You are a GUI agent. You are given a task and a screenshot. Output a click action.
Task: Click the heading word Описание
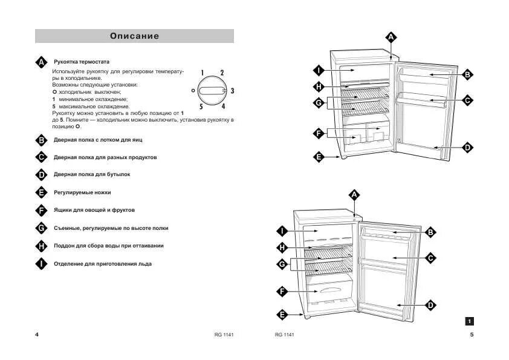(134, 36)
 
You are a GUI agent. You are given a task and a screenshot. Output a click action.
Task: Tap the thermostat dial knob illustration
(212, 91)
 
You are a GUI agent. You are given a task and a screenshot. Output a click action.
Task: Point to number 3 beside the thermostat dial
(232, 91)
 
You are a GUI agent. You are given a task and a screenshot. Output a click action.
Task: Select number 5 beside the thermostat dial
(201, 107)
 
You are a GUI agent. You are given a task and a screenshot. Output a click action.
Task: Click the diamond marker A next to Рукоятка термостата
(41, 62)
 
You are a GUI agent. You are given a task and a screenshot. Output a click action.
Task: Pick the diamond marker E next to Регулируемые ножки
(41, 192)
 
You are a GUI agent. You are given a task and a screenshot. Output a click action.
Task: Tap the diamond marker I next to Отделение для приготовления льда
(41, 264)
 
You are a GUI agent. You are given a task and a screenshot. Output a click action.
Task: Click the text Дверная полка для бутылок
(92, 174)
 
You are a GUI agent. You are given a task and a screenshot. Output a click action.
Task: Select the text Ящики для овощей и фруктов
(94, 210)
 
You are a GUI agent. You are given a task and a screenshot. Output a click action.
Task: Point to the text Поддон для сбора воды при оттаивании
(108, 246)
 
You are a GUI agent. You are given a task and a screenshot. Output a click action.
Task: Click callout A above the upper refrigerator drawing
(391, 38)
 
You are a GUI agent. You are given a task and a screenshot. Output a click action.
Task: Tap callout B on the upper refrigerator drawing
(467, 74)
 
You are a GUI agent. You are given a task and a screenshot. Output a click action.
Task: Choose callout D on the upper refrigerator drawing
(467, 147)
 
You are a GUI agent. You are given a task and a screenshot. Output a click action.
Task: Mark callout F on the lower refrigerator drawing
(282, 292)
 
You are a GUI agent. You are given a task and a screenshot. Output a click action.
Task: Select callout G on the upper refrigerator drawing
(319, 103)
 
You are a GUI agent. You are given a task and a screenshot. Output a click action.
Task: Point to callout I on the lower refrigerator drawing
(282, 231)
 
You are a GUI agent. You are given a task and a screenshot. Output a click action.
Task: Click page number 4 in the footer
(37, 335)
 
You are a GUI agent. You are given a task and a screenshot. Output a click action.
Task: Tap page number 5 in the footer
(472, 335)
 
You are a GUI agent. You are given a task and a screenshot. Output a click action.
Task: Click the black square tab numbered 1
(470, 321)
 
